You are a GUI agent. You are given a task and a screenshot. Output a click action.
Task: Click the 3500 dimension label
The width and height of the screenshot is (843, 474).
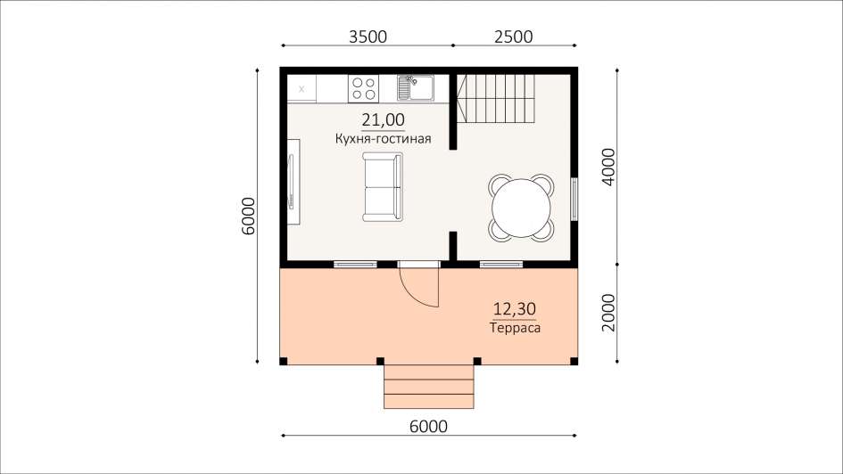pyautogui.click(x=368, y=37)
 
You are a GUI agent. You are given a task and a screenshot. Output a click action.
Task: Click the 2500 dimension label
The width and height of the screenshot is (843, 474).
pyautogui.click(x=514, y=37)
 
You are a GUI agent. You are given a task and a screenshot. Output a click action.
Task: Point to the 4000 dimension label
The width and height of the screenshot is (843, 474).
pyautogui.click(x=608, y=167)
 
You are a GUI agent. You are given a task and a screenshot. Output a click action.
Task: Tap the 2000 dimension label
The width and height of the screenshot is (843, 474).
pyautogui.click(x=608, y=313)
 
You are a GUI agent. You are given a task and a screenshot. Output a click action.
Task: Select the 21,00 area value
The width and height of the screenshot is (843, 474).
pyautogui.click(x=384, y=119)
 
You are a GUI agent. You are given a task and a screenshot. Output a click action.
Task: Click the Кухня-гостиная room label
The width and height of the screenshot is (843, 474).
pyautogui.click(x=384, y=138)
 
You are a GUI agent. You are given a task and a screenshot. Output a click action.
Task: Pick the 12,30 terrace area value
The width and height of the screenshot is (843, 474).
pyautogui.click(x=515, y=308)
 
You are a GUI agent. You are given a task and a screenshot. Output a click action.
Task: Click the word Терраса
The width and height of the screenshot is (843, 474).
pyautogui.click(x=515, y=328)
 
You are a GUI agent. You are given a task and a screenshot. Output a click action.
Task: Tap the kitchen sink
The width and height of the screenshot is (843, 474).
pyautogui.click(x=415, y=88)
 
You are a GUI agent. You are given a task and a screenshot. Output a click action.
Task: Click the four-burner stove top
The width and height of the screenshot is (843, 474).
pyautogui.click(x=363, y=88)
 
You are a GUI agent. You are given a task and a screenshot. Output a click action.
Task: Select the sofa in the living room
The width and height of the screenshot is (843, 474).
pyautogui.click(x=383, y=187)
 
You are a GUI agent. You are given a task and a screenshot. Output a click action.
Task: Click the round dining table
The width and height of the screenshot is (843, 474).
pyautogui.click(x=521, y=208)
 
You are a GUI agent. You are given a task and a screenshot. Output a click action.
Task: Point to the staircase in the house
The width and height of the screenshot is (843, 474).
pyautogui.click(x=496, y=99)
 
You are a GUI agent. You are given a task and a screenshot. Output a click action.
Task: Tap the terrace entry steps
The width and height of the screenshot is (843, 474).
pyautogui.click(x=429, y=387)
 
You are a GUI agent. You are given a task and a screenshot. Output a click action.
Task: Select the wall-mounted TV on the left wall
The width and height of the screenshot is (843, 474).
pyautogui.click(x=293, y=182)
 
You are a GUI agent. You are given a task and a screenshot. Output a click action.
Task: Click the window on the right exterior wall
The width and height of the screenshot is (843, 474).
pyautogui.click(x=574, y=199)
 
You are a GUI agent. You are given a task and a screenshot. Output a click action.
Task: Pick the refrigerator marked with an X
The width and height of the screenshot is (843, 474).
pyautogui.click(x=302, y=88)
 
